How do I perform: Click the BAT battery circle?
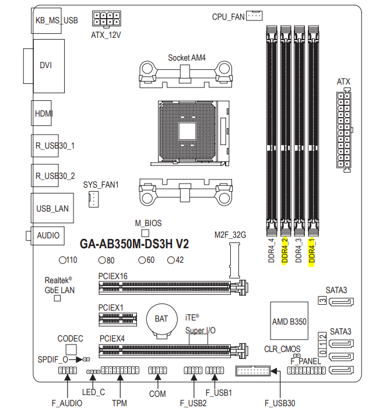(x=161, y=319)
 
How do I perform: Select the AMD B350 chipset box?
(x=289, y=321)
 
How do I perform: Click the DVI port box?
(x=45, y=65)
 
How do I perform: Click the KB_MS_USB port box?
(x=56, y=20)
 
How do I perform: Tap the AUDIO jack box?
(x=47, y=235)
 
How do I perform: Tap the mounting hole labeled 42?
(x=171, y=260)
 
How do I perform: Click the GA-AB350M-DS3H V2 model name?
(x=134, y=244)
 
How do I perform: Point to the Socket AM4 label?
(x=187, y=58)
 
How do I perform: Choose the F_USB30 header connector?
(x=252, y=372)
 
